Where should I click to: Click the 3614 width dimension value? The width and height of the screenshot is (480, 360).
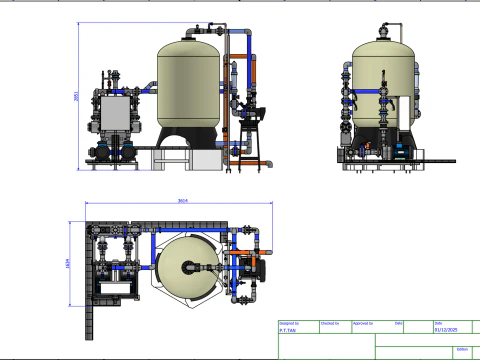click(182, 201)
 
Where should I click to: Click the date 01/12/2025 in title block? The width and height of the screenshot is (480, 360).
click(445, 328)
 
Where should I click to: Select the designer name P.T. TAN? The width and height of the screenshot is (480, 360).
click(288, 328)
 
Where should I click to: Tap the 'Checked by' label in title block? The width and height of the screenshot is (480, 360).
click(328, 323)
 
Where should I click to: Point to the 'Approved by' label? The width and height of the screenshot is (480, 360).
click(364, 323)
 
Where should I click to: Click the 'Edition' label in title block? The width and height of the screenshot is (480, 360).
click(461, 349)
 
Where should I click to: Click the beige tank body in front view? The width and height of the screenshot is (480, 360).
click(190, 85)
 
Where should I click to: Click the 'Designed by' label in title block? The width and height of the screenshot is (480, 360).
click(289, 323)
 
